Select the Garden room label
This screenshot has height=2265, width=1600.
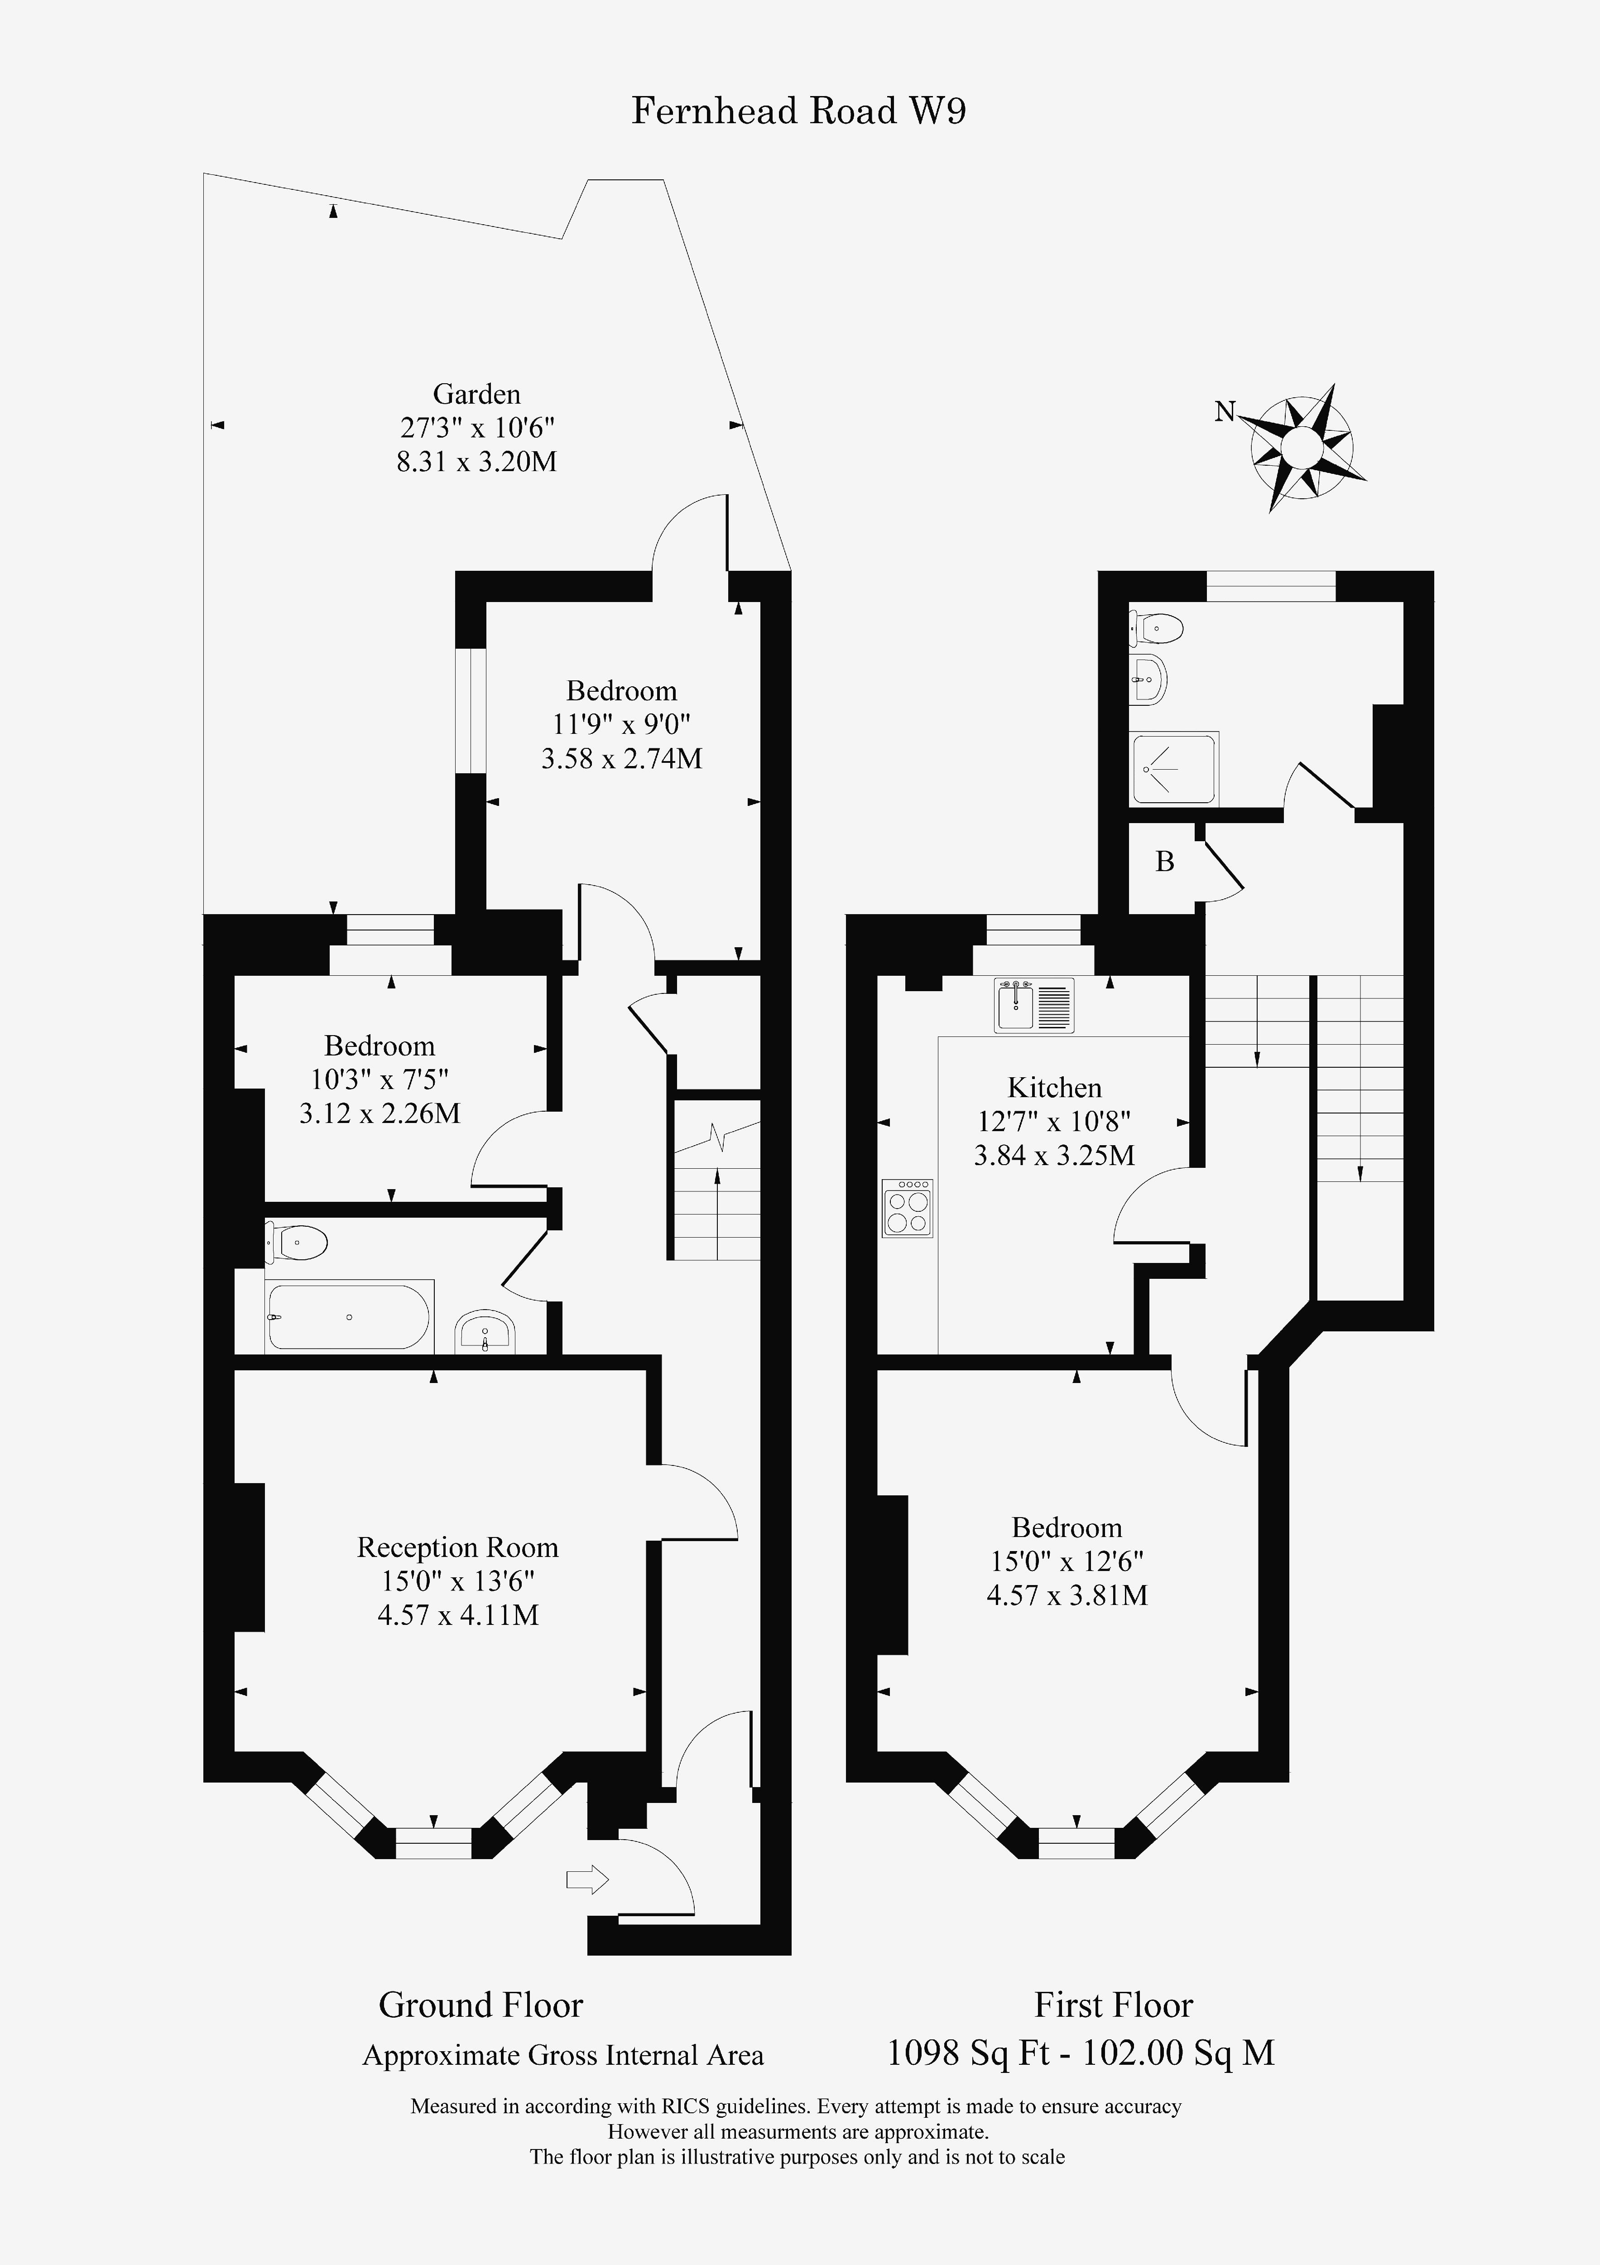476,395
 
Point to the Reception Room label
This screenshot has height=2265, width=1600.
458,1547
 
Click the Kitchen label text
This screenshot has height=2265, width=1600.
1054,1087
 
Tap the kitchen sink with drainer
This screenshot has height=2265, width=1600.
1034,1005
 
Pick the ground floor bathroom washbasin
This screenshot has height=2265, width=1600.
484,1333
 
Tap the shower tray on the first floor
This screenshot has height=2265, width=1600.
1174,768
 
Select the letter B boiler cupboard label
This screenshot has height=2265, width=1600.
1165,861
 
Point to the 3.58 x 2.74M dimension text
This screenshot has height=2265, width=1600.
621,759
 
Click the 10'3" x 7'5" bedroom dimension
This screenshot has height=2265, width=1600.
380,1079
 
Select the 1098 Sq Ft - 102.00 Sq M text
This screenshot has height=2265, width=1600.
1081,2053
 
